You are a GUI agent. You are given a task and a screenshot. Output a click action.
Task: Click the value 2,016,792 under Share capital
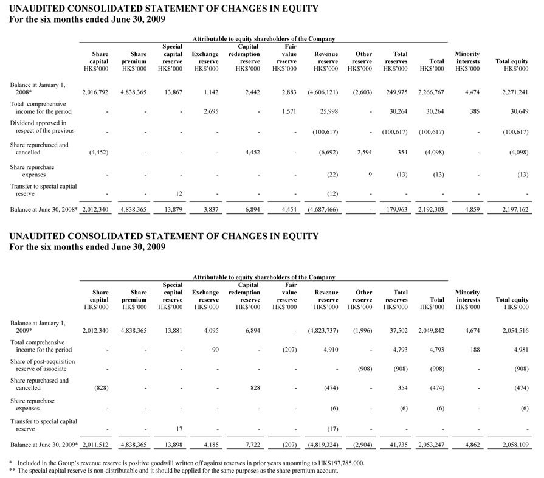point(95,92)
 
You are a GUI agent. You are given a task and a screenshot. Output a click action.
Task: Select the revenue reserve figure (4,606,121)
point(323,92)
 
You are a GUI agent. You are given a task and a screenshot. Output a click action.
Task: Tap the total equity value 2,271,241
point(515,92)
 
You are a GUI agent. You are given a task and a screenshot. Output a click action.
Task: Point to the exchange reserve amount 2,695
point(211,111)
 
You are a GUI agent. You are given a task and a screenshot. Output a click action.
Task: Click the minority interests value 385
point(475,111)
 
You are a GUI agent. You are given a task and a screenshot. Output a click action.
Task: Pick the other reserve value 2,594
point(364,153)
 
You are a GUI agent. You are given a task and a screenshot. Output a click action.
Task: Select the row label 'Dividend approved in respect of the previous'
point(42,126)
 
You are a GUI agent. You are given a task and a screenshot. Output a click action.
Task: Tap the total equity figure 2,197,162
point(515,210)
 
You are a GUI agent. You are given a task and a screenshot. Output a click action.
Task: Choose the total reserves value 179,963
point(397,210)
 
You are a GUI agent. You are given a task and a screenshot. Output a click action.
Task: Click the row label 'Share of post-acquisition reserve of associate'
point(43,365)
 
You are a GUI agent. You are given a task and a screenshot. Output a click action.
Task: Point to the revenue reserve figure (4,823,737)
point(323,331)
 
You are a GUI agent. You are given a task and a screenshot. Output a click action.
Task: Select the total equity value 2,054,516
point(515,331)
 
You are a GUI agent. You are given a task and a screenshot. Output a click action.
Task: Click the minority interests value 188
point(475,350)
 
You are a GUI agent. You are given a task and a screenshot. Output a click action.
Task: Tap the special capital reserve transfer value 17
point(179,429)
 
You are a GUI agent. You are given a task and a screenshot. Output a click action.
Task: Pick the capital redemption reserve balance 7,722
point(253,445)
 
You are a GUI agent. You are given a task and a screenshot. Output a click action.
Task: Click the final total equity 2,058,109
point(515,445)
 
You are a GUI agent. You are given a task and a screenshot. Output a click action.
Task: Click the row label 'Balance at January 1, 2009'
point(38,327)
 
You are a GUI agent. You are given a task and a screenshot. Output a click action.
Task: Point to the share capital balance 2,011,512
point(95,445)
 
